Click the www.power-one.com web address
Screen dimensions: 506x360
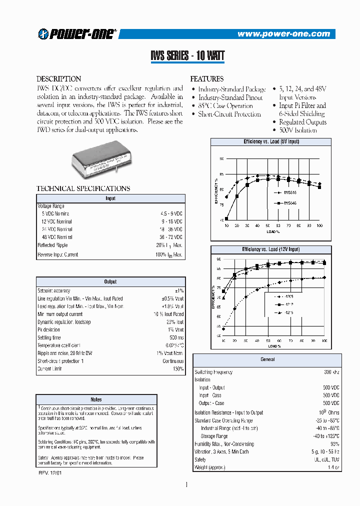[283, 34]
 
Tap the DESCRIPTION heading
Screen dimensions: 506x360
[59, 79]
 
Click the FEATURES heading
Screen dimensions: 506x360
[206, 79]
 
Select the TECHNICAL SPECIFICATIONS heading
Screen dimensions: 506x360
[83, 188]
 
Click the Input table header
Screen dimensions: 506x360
[110, 198]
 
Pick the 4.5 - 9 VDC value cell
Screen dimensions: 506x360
[170, 213]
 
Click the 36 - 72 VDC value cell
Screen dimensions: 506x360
[170, 237]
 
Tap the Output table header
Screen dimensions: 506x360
[110, 281]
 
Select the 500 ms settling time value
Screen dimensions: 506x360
[175, 337]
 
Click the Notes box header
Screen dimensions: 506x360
[96, 399]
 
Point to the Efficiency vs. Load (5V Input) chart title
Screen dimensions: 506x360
[271, 142]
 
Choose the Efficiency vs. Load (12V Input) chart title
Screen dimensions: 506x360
[271, 249]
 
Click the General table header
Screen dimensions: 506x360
[267, 359]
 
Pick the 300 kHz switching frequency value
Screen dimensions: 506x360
[331, 372]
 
